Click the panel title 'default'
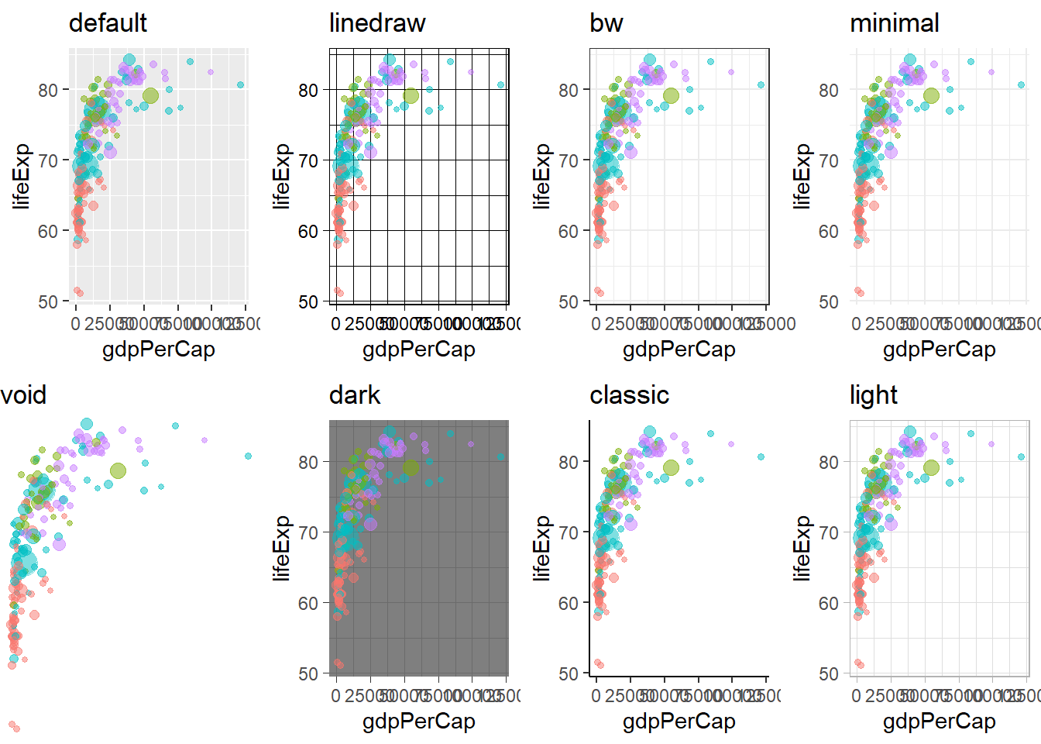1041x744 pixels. tap(108, 23)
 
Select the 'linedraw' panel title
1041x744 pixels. tap(377, 23)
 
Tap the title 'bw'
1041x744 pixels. tap(606, 23)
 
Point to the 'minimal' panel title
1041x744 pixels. tap(895, 23)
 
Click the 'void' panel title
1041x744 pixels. tap(24, 395)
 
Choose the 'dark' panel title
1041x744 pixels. tap(355, 395)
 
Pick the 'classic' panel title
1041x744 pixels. tap(629, 395)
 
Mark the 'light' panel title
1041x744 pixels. tap(874, 395)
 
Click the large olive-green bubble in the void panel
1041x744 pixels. tap(118, 470)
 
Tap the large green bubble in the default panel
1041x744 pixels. tap(150, 96)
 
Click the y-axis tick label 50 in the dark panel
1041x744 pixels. tap(308, 673)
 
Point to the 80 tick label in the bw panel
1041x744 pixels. tap(569, 91)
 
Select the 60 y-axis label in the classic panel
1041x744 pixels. tap(569, 603)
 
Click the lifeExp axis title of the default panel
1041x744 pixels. tap(22, 176)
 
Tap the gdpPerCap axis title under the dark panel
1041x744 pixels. tap(419, 722)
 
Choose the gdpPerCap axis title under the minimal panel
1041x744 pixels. tap(940, 350)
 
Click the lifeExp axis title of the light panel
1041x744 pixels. tap(802, 548)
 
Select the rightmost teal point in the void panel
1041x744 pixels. tap(248, 456)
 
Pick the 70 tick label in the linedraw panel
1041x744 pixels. tap(308, 161)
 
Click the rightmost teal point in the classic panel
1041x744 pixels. tap(761, 457)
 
